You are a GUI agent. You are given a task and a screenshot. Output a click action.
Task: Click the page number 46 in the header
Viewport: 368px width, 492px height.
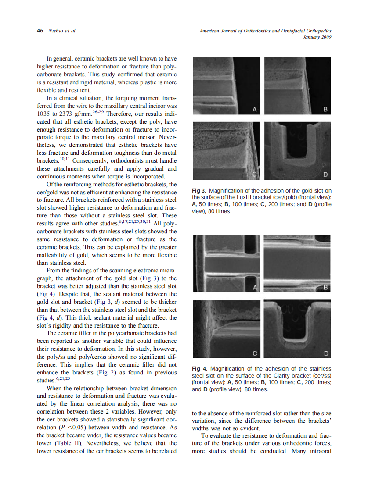40,31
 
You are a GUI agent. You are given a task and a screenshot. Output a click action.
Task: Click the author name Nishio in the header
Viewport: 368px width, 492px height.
56,31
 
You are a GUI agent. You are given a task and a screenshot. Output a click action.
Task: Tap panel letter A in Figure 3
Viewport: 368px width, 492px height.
254,110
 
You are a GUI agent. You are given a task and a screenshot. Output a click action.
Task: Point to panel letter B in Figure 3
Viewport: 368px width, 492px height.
325,110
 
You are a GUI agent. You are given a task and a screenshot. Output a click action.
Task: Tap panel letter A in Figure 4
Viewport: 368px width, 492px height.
254,288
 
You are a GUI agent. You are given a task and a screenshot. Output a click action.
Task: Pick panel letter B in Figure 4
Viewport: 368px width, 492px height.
325,288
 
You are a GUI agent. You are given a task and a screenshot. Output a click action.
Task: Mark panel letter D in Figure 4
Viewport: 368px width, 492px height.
325,353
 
